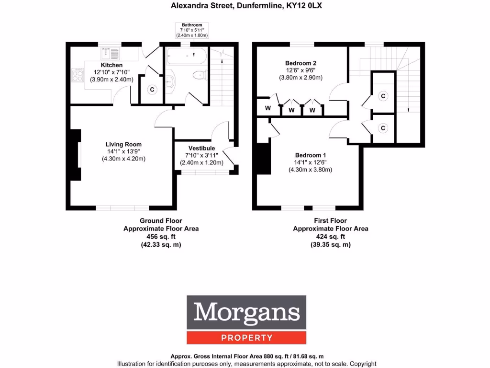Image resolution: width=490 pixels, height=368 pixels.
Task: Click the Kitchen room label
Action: point(111,65)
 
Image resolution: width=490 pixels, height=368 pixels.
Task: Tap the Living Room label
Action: point(123,144)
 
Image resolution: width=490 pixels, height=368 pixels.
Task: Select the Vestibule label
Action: point(201,148)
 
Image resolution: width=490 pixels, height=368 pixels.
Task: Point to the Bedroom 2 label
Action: point(301,63)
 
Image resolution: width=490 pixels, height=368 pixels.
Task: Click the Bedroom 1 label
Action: point(310,155)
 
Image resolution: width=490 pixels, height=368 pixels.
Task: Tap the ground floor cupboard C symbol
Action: point(152,89)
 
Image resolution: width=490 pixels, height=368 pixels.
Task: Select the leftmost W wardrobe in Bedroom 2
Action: point(268,108)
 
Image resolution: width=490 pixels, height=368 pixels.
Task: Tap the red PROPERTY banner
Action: point(247,338)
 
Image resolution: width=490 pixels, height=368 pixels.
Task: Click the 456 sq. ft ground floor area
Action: point(161,237)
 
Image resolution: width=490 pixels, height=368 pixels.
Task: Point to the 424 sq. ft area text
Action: point(331,237)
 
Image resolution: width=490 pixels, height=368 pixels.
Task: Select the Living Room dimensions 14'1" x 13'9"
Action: point(123,151)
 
